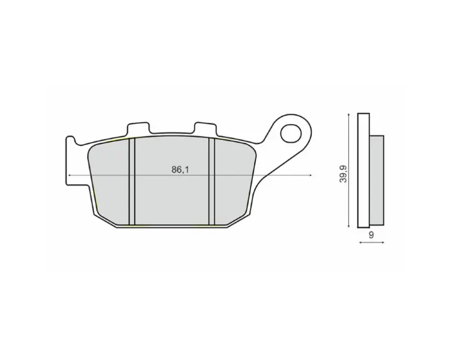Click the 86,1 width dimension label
pyautogui.click(x=180, y=169)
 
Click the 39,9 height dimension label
pyautogui.click(x=344, y=174)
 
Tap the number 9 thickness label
pyautogui.click(x=371, y=235)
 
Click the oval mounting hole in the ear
pyautogui.click(x=291, y=134)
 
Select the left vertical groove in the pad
pyautogui.click(x=132, y=181)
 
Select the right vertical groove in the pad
pyautogui.click(x=212, y=181)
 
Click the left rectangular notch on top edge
pyautogui.click(x=138, y=128)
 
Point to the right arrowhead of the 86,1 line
pyautogui.click(x=311, y=175)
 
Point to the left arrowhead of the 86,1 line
pyautogui.click(x=68, y=175)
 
